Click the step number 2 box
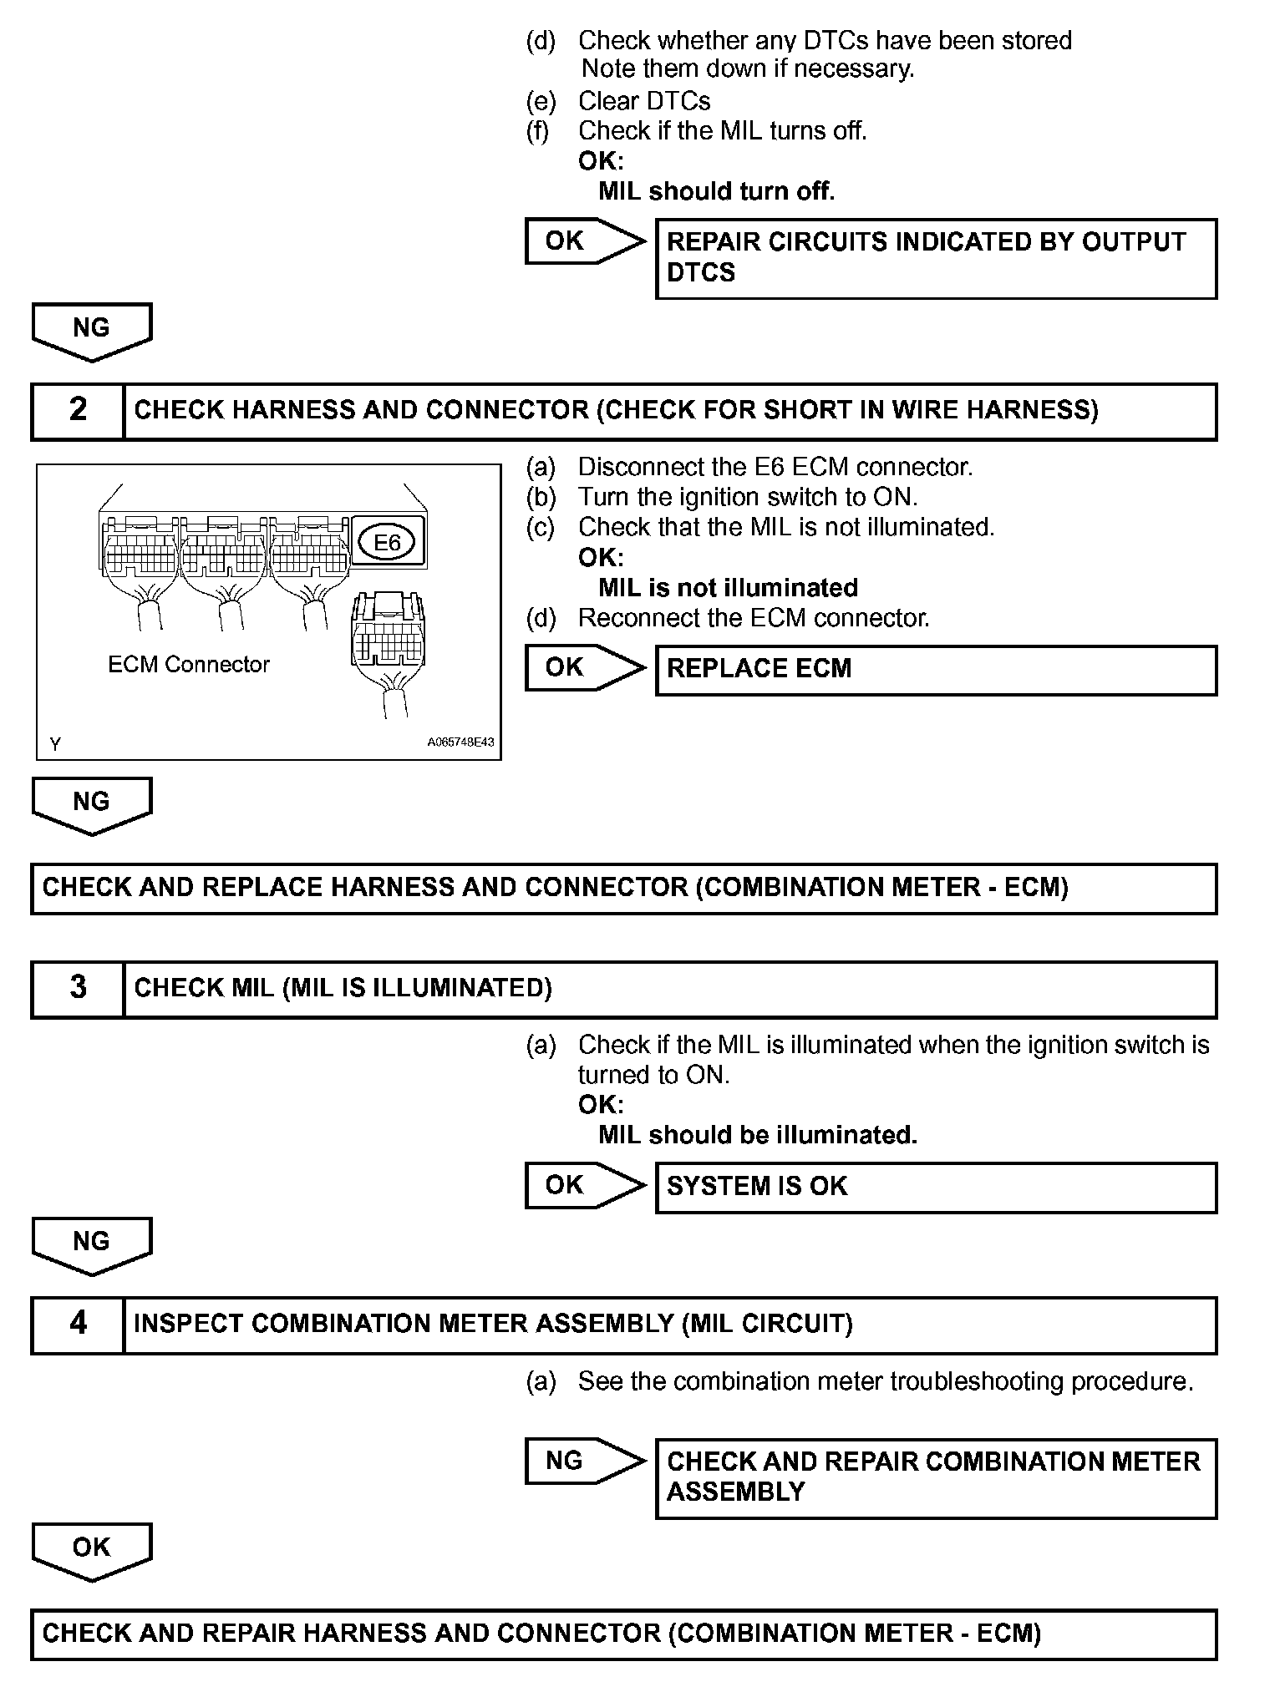[x=78, y=410]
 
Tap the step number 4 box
[x=78, y=1324]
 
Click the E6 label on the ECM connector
[x=387, y=543]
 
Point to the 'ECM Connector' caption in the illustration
[x=189, y=665]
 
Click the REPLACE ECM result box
[x=936, y=670]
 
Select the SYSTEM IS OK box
[x=936, y=1187]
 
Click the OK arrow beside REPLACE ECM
[x=583, y=667]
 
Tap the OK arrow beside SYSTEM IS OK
[x=583, y=1185]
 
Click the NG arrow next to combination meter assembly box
[x=583, y=1461]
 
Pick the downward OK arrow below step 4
[x=92, y=1549]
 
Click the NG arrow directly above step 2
[x=92, y=330]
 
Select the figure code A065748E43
[x=460, y=742]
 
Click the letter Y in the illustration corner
[x=55, y=743]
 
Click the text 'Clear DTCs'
[x=644, y=101]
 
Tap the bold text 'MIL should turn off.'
[x=717, y=191]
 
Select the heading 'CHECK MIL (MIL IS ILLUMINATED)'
[x=343, y=988]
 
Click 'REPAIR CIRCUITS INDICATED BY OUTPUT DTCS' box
[x=936, y=258]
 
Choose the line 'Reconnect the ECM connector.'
[x=753, y=618]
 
